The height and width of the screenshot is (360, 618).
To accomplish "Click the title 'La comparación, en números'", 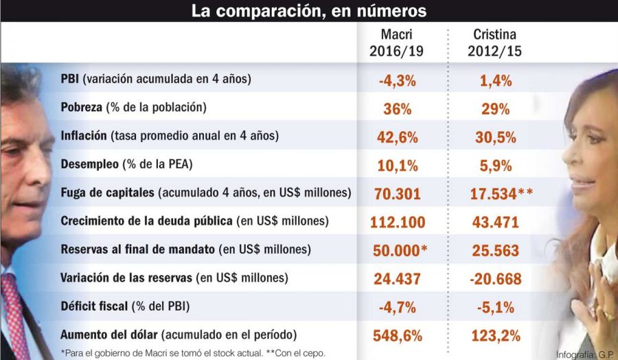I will click(308, 11).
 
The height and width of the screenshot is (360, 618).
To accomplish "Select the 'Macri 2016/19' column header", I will click(398, 43).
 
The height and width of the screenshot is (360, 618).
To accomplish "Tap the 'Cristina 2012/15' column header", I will click(494, 43).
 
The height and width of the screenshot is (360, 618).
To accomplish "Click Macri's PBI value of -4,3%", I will click(398, 80).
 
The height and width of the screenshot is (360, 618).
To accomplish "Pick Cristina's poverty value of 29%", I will click(494, 109).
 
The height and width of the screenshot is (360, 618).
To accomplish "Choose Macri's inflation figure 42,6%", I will click(398, 137).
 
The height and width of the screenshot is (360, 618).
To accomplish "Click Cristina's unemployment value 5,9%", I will click(494, 166).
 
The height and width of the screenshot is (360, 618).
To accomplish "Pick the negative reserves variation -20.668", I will click(494, 279).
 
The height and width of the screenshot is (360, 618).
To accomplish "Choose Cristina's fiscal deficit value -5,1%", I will click(494, 308).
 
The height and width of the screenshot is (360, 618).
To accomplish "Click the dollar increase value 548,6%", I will click(398, 336).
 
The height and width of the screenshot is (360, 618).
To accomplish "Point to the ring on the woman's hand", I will click(608, 315).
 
